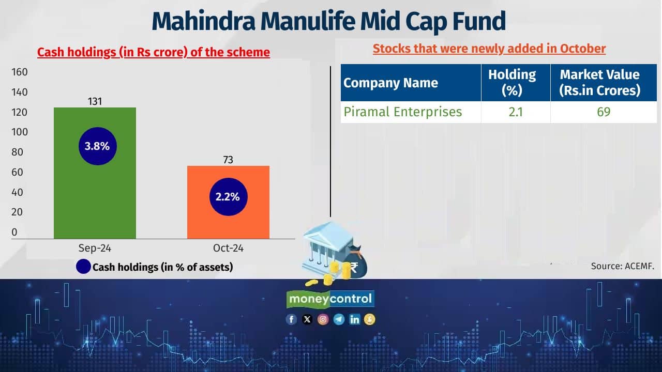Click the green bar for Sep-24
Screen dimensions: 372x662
pyautogui.click(x=95, y=196)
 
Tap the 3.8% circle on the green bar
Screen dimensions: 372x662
pyautogui.click(x=97, y=146)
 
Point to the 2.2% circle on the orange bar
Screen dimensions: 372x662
pyautogui.click(x=228, y=197)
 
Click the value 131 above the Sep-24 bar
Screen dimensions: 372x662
pyautogui.click(x=95, y=102)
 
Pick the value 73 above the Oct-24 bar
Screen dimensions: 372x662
pyautogui.click(x=228, y=160)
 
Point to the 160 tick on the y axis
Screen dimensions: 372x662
pyautogui.click(x=19, y=72)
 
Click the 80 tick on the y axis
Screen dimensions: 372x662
pyautogui.click(x=17, y=152)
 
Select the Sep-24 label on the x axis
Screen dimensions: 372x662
pyautogui.click(x=95, y=249)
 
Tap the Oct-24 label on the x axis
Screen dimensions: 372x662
pyautogui.click(x=228, y=249)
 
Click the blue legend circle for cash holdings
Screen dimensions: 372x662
pyautogui.click(x=83, y=267)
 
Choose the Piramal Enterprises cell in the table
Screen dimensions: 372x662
pyautogui.click(x=402, y=112)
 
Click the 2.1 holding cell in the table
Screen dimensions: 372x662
pyautogui.click(x=515, y=112)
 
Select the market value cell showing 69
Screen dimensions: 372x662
pyautogui.click(x=603, y=112)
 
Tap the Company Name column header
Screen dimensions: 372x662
pyautogui.click(x=390, y=83)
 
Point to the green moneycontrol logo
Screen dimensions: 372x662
pyautogui.click(x=330, y=299)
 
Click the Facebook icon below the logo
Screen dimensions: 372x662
pyautogui.click(x=291, y=319)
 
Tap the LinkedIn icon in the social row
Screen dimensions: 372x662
pyautogui.click(x=354, y=319)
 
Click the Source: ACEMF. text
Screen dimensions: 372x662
pyautogui.click(x=623, y=267)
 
